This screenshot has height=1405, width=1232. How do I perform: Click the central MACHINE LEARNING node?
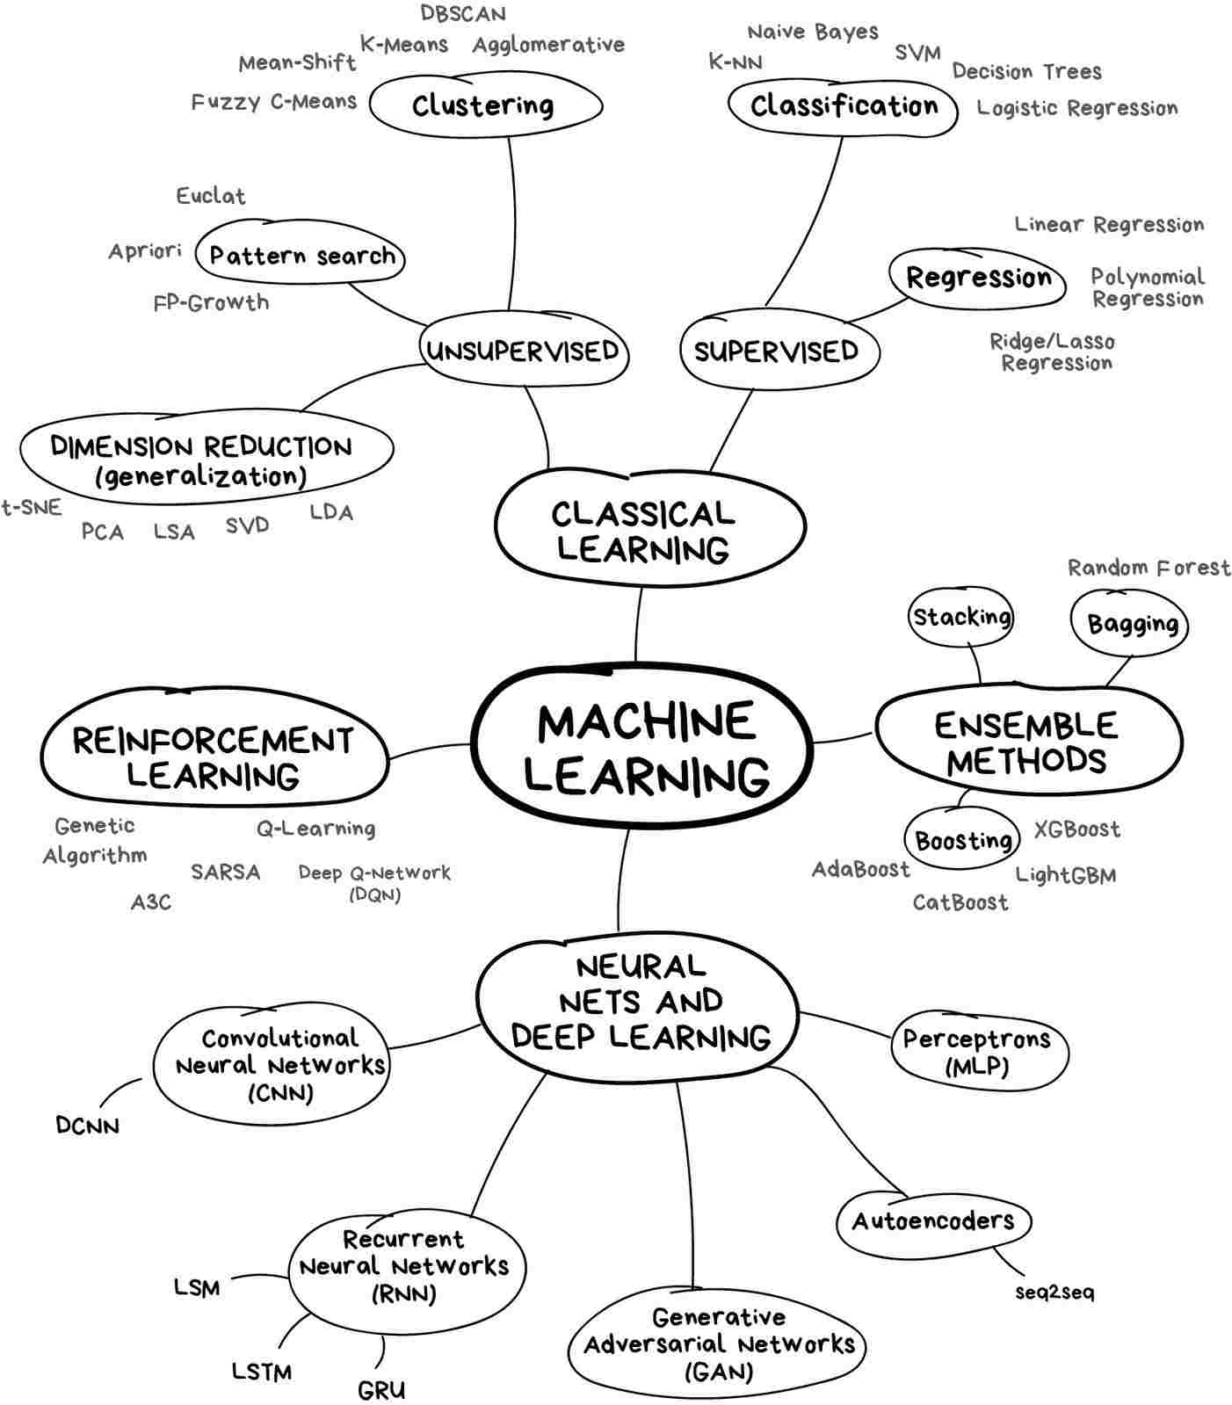point(641,747)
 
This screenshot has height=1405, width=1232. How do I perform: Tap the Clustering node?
point(484,105)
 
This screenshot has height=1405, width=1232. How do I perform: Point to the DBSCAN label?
point(463,14)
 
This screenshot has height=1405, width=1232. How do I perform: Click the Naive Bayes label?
point(813,33)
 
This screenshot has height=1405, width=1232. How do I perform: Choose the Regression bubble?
point(978,279)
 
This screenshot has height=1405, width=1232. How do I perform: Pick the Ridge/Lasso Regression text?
point(1054,351)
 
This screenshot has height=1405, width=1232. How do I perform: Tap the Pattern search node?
point(301,256)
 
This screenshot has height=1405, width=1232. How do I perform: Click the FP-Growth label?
point(211,303)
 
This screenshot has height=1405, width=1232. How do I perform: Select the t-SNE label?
point(32,508)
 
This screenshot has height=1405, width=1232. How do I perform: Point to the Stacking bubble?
point(961,617)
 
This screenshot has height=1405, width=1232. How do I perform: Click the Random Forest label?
point(1149,569)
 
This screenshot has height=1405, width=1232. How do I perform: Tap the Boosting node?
point(963,841)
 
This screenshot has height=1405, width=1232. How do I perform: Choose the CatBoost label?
point(960,902)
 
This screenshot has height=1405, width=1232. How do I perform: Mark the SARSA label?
point(226,873)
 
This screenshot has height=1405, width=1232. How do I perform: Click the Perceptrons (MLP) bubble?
point(977,1052)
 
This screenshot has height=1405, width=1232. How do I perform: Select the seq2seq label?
point(1054,1293)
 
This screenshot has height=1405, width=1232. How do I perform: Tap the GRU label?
point(381,1390)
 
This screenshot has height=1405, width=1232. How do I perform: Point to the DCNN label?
point(87,1126)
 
